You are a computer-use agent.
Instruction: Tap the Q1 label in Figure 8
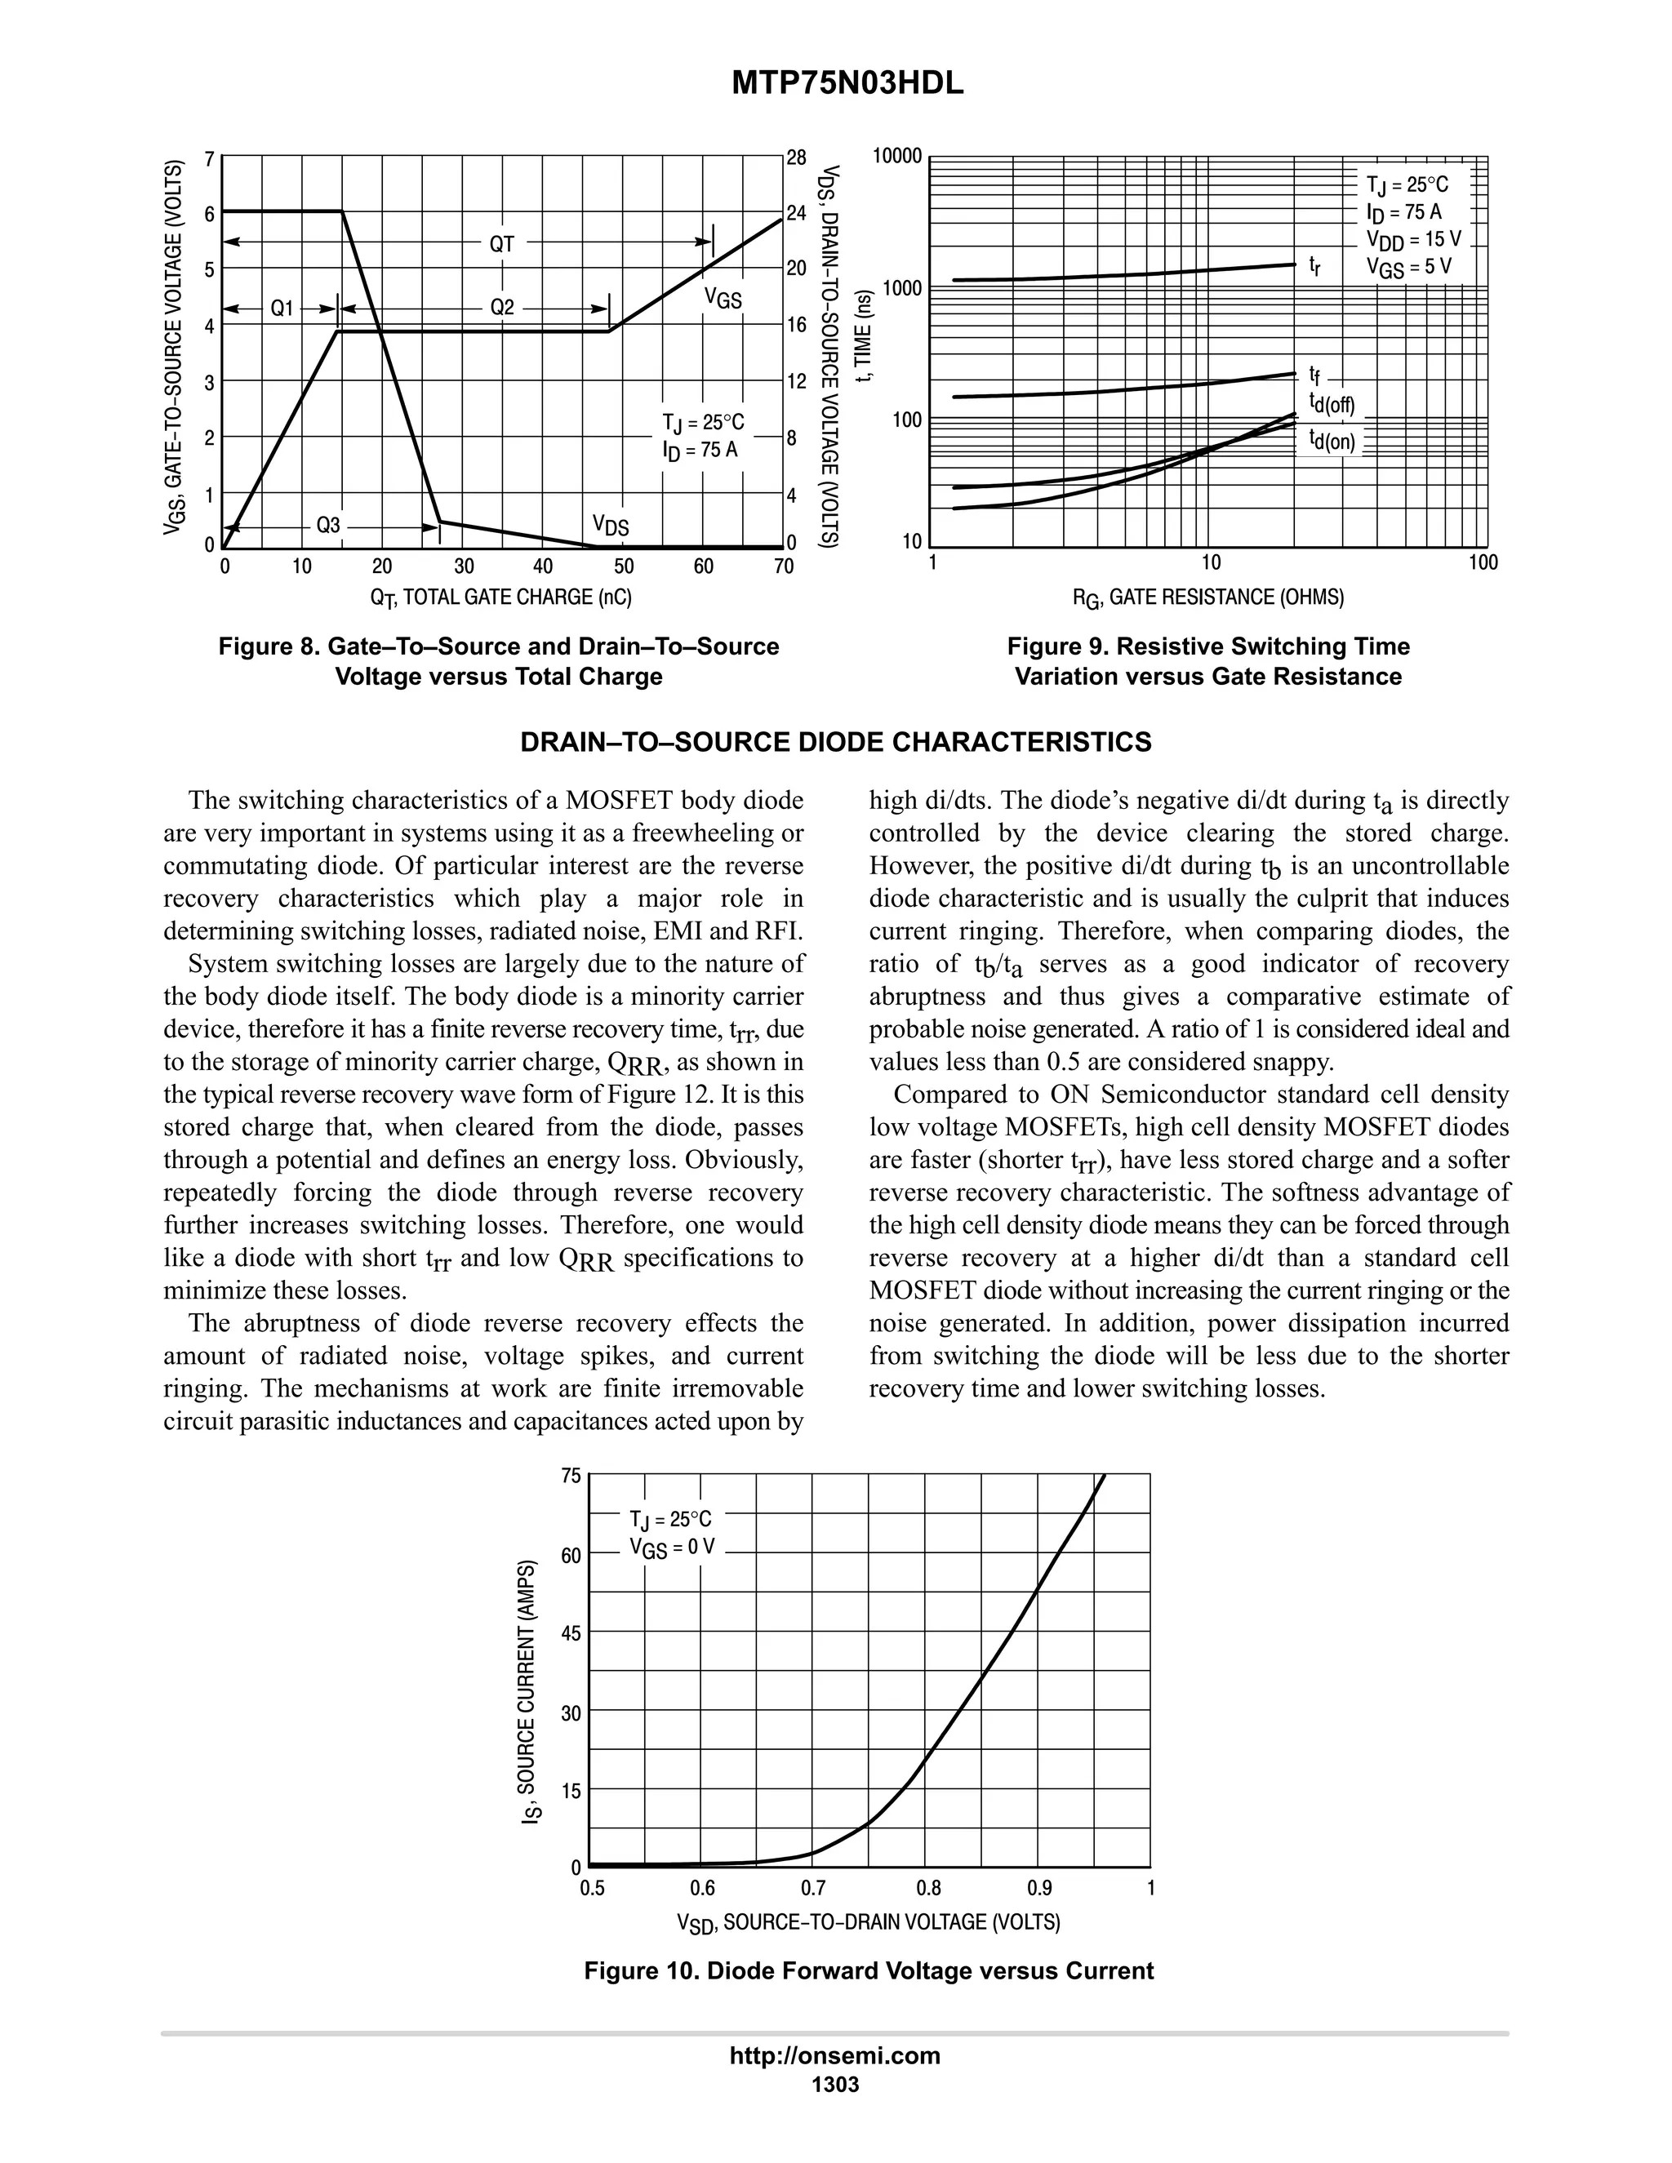[x=283, y=308]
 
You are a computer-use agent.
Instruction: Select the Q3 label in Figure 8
[x=328, y=525]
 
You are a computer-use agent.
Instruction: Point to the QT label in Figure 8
[x=502, y=242]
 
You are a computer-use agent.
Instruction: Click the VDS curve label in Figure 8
[x=610, y=525]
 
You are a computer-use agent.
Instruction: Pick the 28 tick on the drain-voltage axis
[x=796, y=158]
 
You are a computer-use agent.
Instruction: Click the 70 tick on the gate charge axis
[x=784, y=566]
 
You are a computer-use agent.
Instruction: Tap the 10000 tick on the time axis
[x=897, y=157]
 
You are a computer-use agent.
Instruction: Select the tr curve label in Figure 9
[x=1314, y=265]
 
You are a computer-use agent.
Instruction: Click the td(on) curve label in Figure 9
[x=1332, y=440]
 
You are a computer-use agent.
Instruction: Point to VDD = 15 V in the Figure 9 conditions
[x=1412, y=240]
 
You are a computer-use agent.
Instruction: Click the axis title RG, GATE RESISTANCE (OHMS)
[x=1208, y=597]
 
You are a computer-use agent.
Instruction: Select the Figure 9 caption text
[x=1208, y=662]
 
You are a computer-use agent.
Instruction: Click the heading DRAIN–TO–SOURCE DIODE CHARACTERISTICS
[x=836, y=743]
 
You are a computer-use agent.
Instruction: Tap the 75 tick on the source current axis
[x=571, y=1477]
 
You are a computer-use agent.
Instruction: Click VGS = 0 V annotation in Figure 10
[x=672, y=1547]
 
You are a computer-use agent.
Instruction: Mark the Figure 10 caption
[x=869, y=1971]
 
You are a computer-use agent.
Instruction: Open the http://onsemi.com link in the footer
[x=835, y=2055]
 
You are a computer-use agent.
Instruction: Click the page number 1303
[x=835, y=2084]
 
